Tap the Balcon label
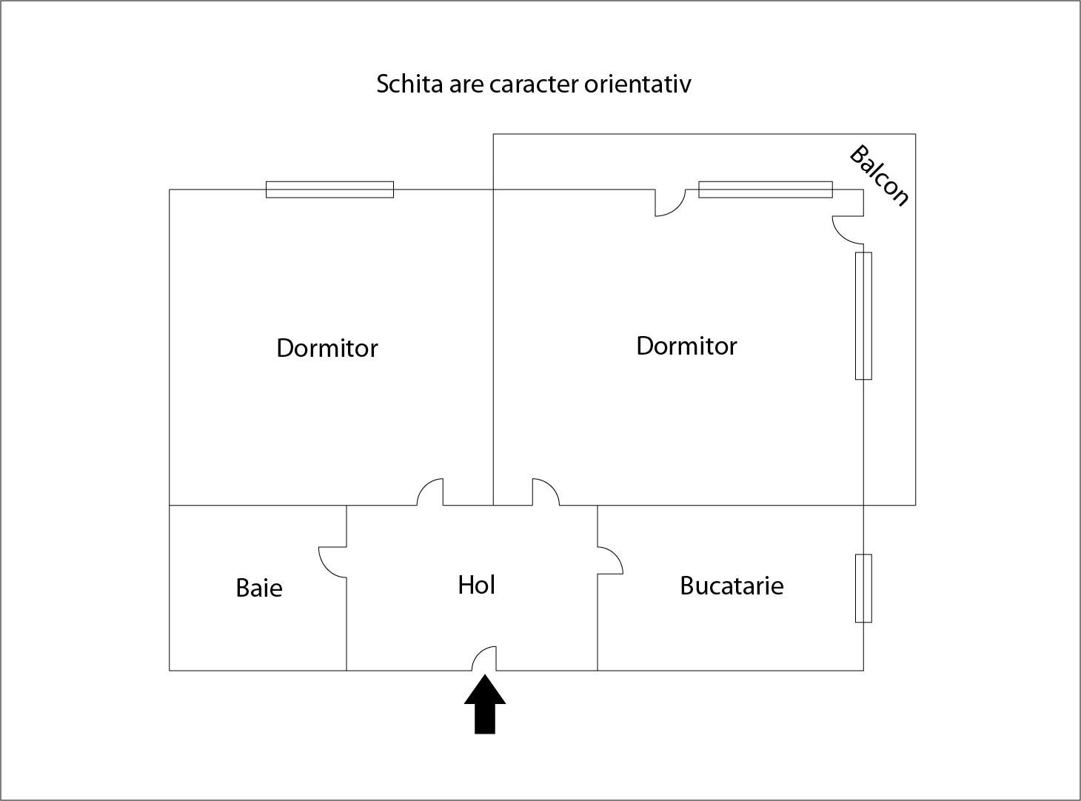coord(879,175)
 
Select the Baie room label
coord(259,588)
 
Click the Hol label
coord(476,585)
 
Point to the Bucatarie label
coord(732,586)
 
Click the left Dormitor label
coord(327,348)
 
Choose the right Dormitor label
coord(686,346)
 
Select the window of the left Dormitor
coord(329,190)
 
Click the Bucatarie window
coord(863,588)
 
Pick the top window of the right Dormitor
coord(765,190)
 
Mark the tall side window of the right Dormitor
coord(863,315)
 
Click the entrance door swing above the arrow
coord(484,658)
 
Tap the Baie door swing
coord(332,562)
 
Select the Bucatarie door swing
coord(610,560)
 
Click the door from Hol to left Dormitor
coord(430,492)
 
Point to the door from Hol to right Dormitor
coord(546,492)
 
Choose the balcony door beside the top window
coord(670,203)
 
